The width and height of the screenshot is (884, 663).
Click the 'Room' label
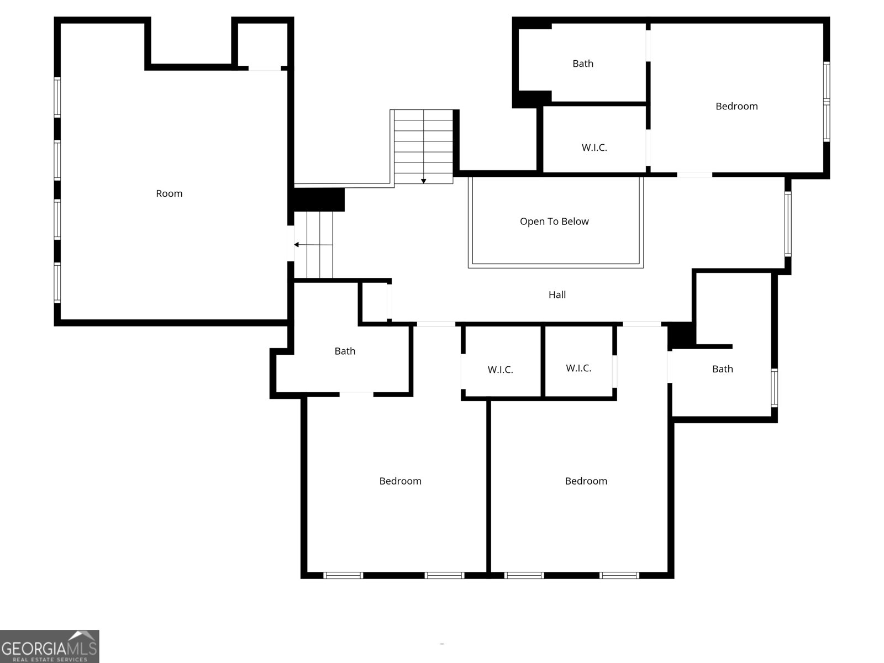pyautogui.click(x=169, y=193)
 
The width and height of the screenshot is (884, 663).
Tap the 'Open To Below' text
pyautogui.click(x=554, y=222)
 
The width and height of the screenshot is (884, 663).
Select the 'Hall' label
pyautogui.click(x=557, y=295)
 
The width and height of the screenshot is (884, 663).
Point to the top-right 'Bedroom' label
pyautogui.click(x=736, y=106)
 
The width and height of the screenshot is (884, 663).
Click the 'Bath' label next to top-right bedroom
pyautogui.click(x=583, y=64)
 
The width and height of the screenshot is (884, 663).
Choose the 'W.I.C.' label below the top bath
pyautogui.click(x=594, y=148)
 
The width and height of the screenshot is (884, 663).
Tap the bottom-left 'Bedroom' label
pyautogui.click(x=400, y=481)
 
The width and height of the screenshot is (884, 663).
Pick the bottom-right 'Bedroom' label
pyautogui.click(x=586, y=481)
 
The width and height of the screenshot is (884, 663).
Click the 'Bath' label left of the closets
pyautogui.click(x=345, y=351)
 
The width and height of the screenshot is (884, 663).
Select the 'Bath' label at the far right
pyautogui.click(x=722, y=369)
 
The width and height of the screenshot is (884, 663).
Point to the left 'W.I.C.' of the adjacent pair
pyautogui.click(x=500, y=370)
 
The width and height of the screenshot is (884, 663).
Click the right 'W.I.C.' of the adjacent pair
pyautogui.click(x=578, y=368)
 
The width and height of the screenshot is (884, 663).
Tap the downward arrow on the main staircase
pyautogui.click(x=424, y=180)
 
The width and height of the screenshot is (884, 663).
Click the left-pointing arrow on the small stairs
pyautogui.click(x=297, y=245)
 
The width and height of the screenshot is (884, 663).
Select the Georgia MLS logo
pyautogui.click(x=50, y=646)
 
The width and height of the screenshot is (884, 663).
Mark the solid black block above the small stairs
pyautogui.click(x=319, y=199)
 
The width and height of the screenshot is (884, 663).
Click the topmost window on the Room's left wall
pyautogui.click(x=57, y=97)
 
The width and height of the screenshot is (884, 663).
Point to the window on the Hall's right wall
pyautogui.click(x=788, y=223)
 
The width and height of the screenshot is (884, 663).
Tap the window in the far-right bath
pyautogui.click(x=774, y=388)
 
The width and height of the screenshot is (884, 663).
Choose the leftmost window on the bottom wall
pyautogui.click(x=343, y=575)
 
